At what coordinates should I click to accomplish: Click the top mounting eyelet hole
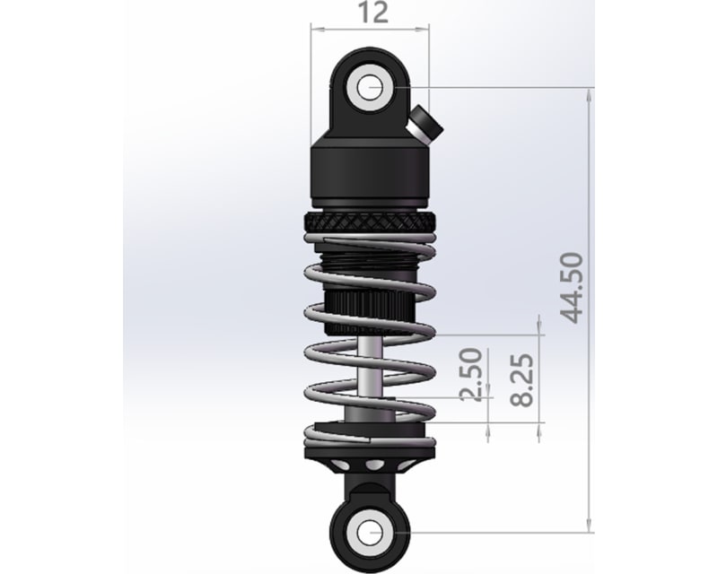370,88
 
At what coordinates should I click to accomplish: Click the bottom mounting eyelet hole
370,530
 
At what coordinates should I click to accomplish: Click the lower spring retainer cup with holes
370,465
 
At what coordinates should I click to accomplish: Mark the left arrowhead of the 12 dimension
315,29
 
